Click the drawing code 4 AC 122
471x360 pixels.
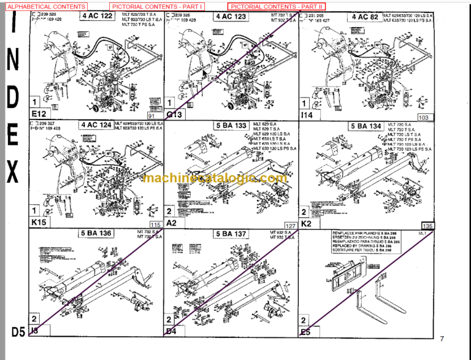pyautogui.click(x=97, y=16)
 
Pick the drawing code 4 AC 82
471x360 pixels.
pyautogui.click(x=364, y=16)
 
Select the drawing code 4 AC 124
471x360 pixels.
pyautogui.click(x=97, y=125)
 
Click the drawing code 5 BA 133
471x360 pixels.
pyautogui.click(x=231, y=126)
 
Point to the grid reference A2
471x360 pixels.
pyautogui.click(x=172, y=223)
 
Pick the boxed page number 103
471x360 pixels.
pyautogui.click(x=423, y=117)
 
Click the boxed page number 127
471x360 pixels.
pyautogui.click(x=290, y=226)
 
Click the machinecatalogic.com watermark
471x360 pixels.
pyautogui.click(x=215, y=178)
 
